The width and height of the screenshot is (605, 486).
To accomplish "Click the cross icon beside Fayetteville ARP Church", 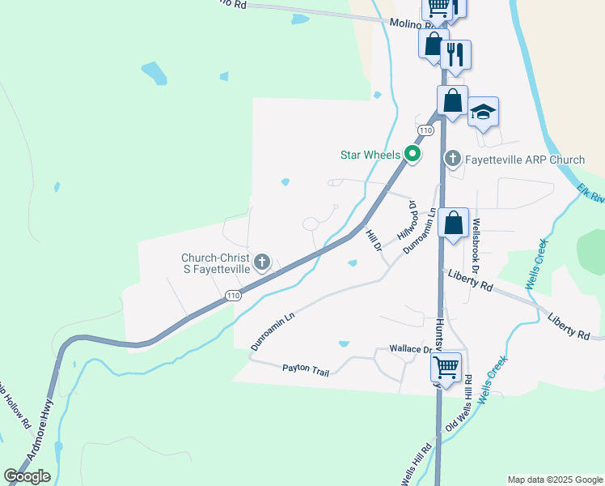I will pyautogui.click(x=453, y=159).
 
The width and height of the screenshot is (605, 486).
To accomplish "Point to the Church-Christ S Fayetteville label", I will pyautogui.click(x=215, y=263).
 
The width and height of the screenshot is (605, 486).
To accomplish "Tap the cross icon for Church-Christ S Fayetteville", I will pyautogui.click(x=261, y=262).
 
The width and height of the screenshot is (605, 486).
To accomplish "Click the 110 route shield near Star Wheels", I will pyautogui.click(x=425, y=130).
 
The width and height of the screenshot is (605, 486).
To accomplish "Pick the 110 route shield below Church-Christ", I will pyautogui.click(x=233, y=296).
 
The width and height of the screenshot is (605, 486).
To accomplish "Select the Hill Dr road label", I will pyautogui.click(x=373, y=240).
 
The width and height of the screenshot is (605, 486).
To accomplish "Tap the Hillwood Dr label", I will pyautogui.click(x=407, y=220).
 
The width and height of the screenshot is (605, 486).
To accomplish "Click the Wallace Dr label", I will pyautogui.click(x=411, y=349).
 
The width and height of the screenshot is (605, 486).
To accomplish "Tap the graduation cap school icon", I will pyautogui.click(x=483, y=112).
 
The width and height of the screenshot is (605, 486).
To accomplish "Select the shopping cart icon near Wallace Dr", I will pyautogui.click(x=446, y=367).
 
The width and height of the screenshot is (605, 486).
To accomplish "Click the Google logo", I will pyautogui.click(x=27, y=476).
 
